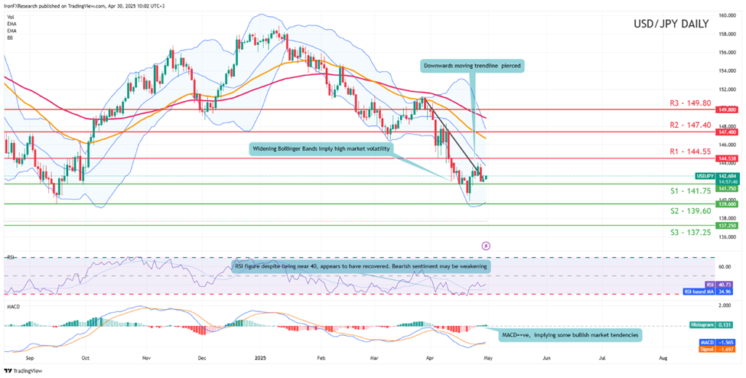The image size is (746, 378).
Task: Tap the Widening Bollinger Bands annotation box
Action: tap(321, 148)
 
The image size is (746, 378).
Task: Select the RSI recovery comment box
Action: tap(359, 266)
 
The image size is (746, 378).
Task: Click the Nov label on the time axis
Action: tap(145, 357)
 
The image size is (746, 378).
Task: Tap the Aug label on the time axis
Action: tap(663, 357)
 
